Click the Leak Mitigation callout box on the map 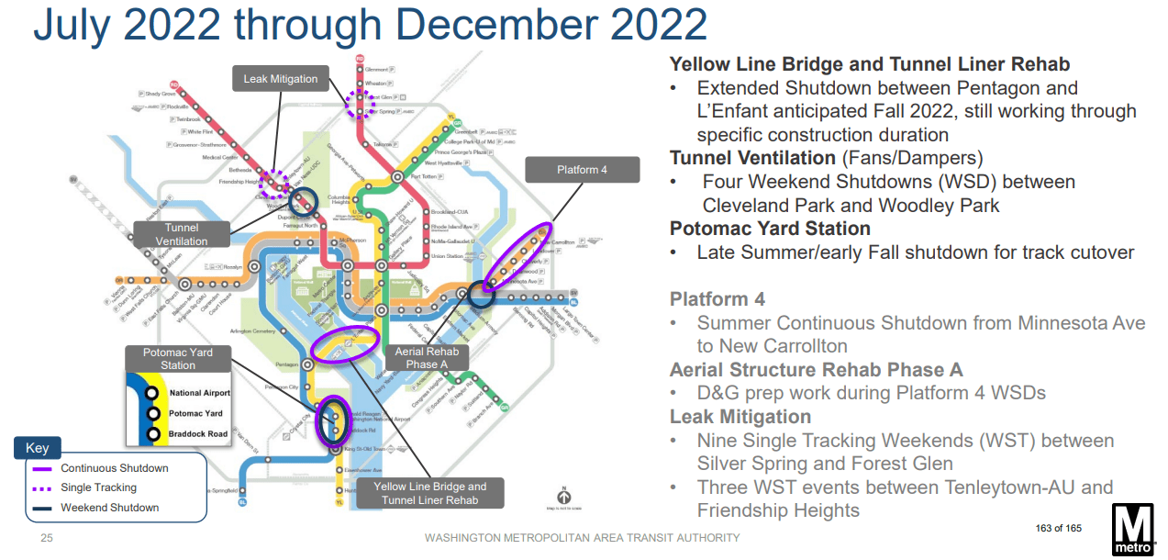280,79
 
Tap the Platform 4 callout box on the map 582,170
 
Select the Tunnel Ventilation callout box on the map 182,234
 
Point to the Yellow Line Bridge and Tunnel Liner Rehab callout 430,493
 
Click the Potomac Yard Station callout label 178,358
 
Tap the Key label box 37,449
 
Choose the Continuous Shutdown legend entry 114,468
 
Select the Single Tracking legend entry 98,487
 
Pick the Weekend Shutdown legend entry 109,508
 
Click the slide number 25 46,537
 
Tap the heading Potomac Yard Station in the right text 770,229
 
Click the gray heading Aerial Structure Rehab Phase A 816,370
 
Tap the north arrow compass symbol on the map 564,493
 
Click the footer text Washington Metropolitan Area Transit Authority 583,537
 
